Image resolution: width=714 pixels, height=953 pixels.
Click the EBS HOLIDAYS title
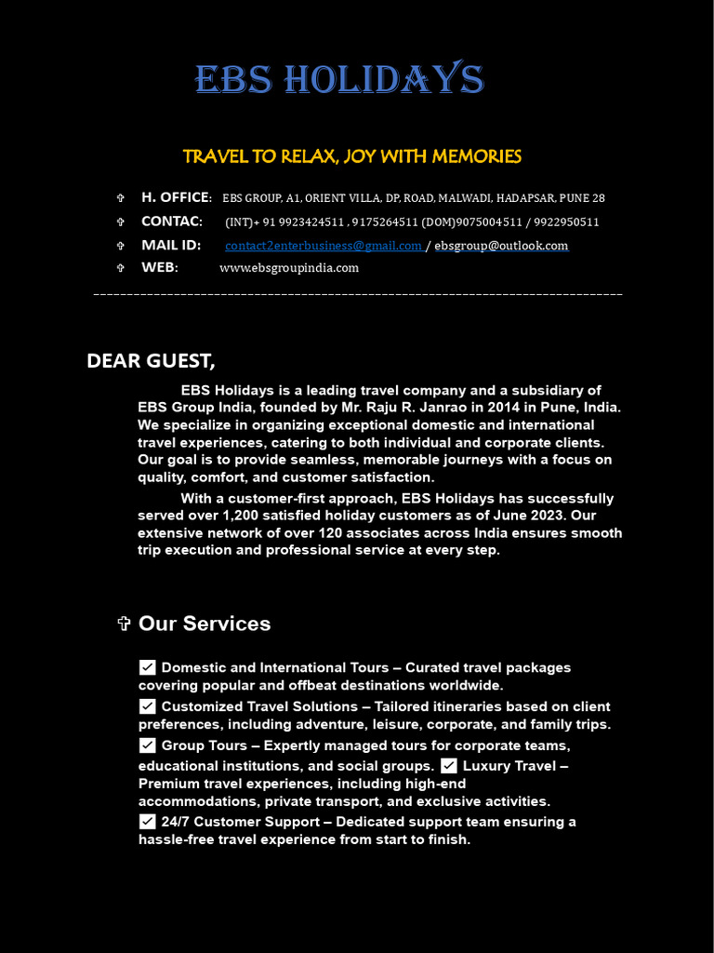click(x=339, y=81)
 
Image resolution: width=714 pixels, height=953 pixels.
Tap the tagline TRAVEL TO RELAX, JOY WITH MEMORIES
click(x=351, y=156)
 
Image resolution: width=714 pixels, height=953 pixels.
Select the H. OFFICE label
click(x=176, y=197)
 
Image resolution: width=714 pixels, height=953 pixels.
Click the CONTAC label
click(x=172, y=221)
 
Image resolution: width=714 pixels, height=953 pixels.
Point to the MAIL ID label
click(x=171, y=245)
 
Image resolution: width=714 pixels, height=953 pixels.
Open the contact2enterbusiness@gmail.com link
click(x=324, y=246)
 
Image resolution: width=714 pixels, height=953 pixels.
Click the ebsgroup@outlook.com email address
click(x=501, y=246)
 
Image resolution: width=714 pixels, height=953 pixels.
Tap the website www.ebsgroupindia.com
click(x=289, y=268)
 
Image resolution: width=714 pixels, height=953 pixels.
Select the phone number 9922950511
click(x=567, y=222)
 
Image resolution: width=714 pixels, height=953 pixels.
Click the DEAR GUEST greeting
click(x=151, y=361)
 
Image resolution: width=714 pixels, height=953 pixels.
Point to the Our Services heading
click(x=205, y=624)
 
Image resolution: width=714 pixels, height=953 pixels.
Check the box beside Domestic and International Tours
click(x=148, y=667)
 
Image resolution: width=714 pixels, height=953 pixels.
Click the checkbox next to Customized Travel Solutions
click(x=148, y=706)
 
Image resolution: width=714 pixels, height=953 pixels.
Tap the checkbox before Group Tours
click(x=148, y=745)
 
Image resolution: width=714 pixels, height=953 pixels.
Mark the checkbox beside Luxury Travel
click(x=449, y=765)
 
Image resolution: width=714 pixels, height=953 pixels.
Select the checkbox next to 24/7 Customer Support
click(x=148, y=822)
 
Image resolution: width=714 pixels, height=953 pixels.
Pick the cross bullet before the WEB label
click(x=120, y=268)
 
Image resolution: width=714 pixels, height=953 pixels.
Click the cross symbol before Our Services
click(x=125, y=624)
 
